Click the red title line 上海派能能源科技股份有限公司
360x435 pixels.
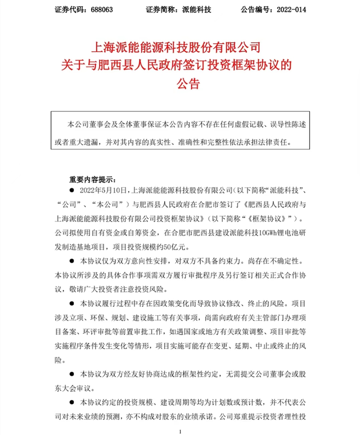[x=179, y=45]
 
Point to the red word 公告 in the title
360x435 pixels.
[x=179, y=84]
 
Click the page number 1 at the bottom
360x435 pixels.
[x=179, y=431]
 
